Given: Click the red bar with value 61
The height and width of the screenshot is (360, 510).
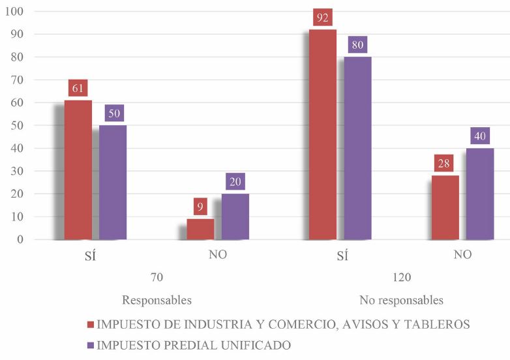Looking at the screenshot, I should (x=78, y=170).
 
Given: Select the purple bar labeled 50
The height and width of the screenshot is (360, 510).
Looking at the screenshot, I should (x=112, y=182).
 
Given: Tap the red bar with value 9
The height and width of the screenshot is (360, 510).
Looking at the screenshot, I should (x=200, y=229).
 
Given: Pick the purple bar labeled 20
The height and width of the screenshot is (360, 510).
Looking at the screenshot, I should (x=235, y=217).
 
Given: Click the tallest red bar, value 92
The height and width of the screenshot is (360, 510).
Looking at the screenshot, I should (x=323, y=134).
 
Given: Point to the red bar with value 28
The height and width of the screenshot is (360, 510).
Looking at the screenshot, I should (x=445, y=207).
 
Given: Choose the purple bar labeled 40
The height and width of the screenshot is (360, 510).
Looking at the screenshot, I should (x=479, y=194).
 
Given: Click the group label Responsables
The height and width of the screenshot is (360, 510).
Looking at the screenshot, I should (x=157, y=301).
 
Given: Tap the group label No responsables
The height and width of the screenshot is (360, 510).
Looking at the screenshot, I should (x=401, y=301).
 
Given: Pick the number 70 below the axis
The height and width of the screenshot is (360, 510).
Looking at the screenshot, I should (x=157, y=277).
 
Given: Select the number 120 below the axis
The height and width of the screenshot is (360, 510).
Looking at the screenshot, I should (x=401, y=277).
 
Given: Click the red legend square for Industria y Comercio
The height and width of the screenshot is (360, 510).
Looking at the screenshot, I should (x=90, y=324).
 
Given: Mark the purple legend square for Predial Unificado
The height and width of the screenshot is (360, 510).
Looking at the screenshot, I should (x=90, y=344).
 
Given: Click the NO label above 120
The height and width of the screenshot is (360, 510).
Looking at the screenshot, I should (x=462, y=254).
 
